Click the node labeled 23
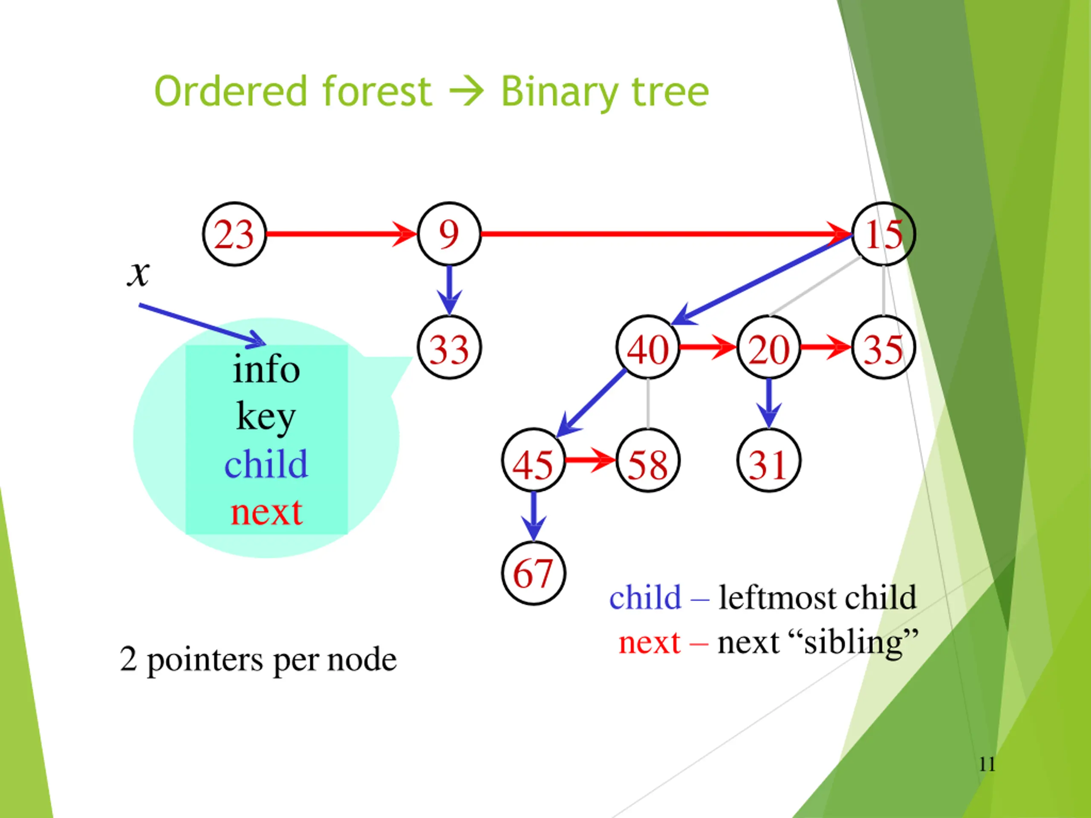click(234, 234)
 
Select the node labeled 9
click(449, 234)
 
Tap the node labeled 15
click(883, 234)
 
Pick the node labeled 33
click(449, 348)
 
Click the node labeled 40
click(648, 348)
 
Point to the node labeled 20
click(768, 348)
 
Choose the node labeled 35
click(883, 348)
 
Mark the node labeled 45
click(533, 461)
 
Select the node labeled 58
click(648, 461)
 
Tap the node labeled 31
click(768, 461)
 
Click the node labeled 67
click(533, 573)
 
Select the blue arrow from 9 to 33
click(449, 290)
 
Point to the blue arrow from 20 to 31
click(768, 402)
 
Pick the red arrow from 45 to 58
click(590, 460)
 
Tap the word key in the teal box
click(266, 417)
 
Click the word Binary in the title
click(559, 92)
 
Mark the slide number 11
click(987, 764)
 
